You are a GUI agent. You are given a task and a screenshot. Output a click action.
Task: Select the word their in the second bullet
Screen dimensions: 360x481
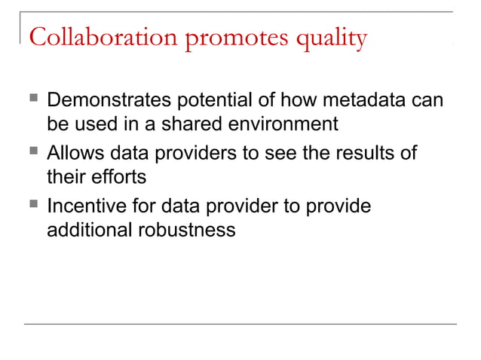coord(65,176)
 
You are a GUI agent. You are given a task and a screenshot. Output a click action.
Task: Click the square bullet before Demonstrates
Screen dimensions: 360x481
coord(30,100)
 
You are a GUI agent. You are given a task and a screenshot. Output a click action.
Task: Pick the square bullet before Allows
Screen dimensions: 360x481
coord(30,154)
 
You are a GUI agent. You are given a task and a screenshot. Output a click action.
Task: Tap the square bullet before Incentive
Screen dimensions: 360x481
coord(30,206)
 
